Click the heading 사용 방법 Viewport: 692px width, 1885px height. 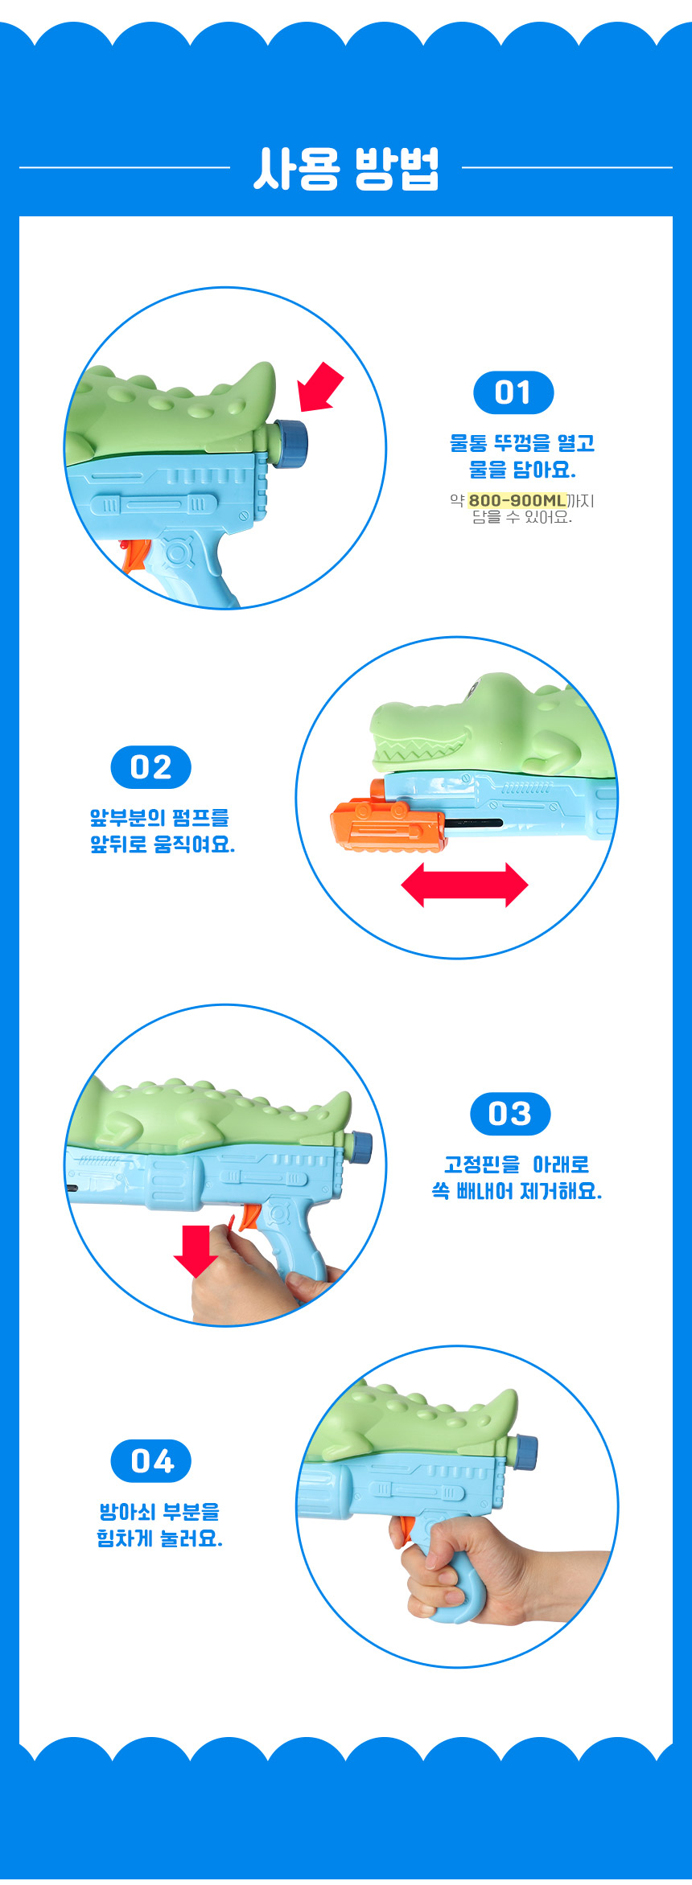click(x=346, y=168)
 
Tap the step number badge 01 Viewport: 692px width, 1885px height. click(x=513, y=392)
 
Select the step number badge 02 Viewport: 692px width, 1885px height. click(x=150, y=767)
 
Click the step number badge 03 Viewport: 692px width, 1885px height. click(x=510, y=1114)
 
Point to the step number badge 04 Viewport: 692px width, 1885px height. click(x=150, y=1461)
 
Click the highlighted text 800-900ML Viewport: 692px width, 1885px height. click(x=517, y=500)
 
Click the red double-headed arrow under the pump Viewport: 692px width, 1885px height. click(x=464, y=885)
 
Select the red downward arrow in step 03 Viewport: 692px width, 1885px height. click(x=196, y=1251)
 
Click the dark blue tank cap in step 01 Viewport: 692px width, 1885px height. click(x=290, y=443)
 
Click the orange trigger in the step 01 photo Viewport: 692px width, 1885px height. click(x=134, y=556)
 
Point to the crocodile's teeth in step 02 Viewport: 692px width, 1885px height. click(x=418, y=753)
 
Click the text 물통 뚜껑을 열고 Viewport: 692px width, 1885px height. click(x=521, y=442)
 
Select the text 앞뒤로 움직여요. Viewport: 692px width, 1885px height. click(x=163, y=844)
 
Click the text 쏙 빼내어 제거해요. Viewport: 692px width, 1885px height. click(x=517, y=1191)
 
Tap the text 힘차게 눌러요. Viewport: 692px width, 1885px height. click(x=159, y=1538)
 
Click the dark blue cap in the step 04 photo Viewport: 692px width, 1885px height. click(x=525, y=1452)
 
